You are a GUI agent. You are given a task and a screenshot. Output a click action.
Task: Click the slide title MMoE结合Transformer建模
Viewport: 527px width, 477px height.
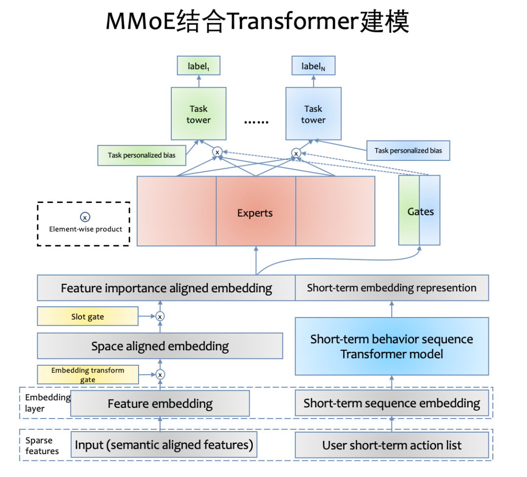[257, 21]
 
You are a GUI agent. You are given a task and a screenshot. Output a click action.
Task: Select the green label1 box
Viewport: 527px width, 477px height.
[198, 66]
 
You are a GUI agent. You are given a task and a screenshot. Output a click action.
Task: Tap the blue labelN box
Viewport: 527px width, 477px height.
[313, 66]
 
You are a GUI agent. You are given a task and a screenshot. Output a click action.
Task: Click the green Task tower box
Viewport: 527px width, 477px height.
[199, 114]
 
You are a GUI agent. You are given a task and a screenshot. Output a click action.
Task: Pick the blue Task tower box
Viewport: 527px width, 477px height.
[313, 114]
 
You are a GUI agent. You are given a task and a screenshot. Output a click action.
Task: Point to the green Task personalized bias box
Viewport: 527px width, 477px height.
[141, 155]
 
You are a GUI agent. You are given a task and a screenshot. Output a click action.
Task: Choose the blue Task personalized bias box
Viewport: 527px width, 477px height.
[408, 150]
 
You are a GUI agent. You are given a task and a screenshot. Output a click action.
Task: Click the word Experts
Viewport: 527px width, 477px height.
[255, 213]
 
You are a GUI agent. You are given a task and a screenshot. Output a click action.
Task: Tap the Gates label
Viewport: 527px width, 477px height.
[420, 211]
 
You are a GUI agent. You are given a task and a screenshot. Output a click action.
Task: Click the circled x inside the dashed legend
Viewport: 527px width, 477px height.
[85, 218]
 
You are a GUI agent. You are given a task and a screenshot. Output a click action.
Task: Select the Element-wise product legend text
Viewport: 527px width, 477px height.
[86, 229]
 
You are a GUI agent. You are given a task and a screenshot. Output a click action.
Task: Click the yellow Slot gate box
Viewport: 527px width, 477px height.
[88, 317]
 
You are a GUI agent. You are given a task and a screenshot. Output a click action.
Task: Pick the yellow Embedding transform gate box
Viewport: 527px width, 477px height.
[88, 375]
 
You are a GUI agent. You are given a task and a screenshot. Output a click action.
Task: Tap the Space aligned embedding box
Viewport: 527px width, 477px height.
[160, 346]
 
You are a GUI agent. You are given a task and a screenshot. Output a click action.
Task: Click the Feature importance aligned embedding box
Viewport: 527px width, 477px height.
[166, 288]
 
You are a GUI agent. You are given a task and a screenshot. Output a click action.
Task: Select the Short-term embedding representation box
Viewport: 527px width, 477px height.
[391, 288]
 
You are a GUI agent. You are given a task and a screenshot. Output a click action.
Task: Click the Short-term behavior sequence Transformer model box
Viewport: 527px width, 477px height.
[391, 346]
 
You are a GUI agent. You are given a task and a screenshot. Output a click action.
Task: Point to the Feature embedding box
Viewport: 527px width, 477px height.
[160, 404]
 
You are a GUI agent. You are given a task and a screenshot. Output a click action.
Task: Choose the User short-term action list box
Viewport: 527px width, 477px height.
[391, 445]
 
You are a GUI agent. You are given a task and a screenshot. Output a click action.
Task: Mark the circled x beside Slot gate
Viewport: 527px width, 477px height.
[160, 317]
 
